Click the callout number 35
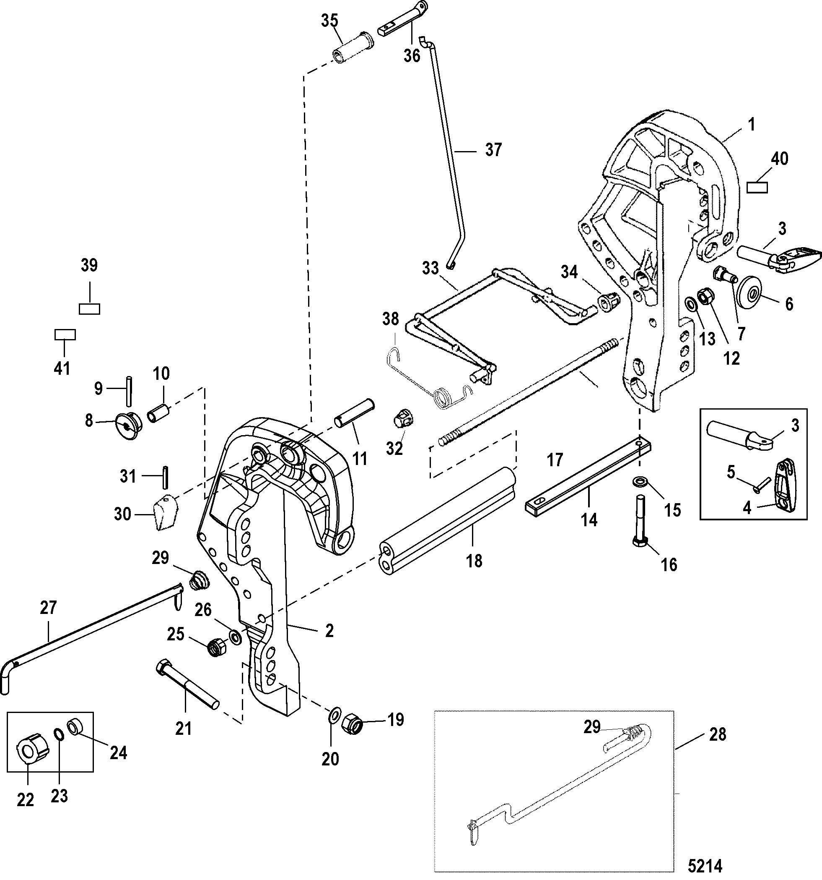[x=329, y=21]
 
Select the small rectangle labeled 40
[x=757, y=187]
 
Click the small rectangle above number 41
[x=65, y=334]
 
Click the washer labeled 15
[x=638, y=481]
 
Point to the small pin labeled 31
[x=166, y=476]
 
